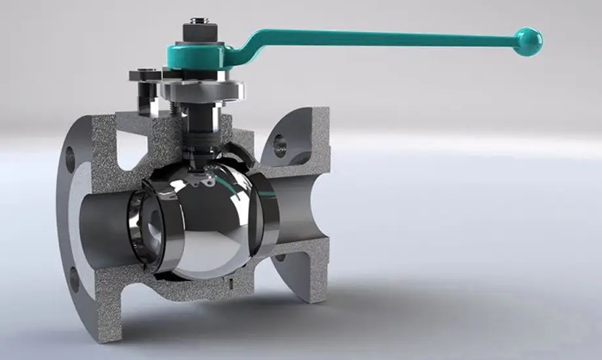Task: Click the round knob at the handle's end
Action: pos(527,41)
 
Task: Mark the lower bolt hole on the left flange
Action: pos(73,279)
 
